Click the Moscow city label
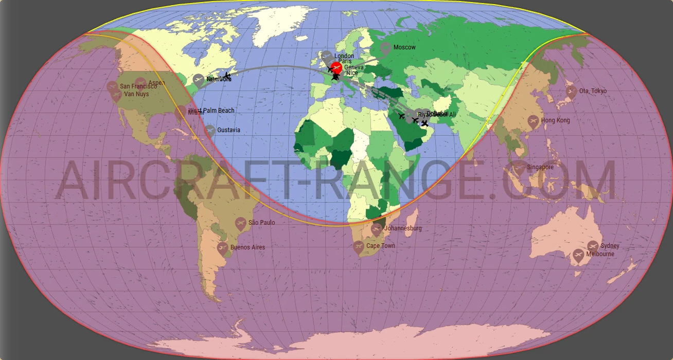coord(404,47)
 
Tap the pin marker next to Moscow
coord(385,48)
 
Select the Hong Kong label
coord(556,120)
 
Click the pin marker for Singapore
coord(519,167)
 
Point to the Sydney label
coord(610,246)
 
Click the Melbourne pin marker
coord(579,255)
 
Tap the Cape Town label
coord(381,246)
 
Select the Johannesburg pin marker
coord(377,229)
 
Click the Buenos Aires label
coord(247,247)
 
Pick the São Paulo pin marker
coord(240,223)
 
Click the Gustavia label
coord(228,130)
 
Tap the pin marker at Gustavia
coord(209,131)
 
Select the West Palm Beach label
coord(212,111)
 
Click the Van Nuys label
coord(136,95)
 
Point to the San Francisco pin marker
coord(112,87)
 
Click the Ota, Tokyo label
coord(593,91)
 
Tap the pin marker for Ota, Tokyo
coord(571,92)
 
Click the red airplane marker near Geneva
coord(336,67)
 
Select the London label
coord(344,56)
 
